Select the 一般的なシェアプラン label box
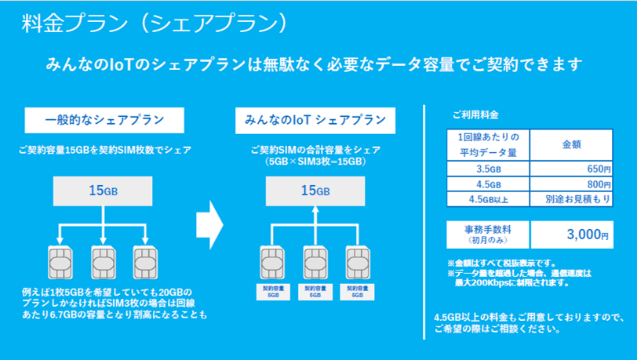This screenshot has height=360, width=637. pos(104,120)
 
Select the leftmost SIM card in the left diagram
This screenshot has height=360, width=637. pos(60,263)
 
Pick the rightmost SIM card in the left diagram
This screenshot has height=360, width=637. pos(145,263)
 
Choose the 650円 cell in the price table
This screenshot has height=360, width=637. pos(570,169)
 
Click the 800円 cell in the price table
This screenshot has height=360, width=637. pos(570,185)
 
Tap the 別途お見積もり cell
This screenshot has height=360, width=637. pos(570,200)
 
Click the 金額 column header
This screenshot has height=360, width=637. pos(570,145)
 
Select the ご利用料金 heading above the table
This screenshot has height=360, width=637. pos(475,115)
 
